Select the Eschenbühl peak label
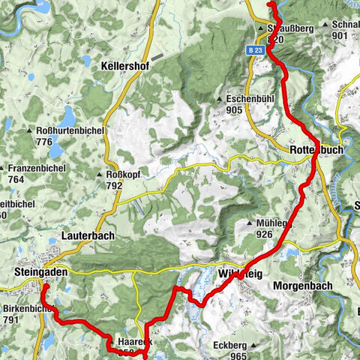(x=253, y=98)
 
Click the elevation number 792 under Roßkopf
(x=114, y=185)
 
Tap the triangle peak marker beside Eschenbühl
(x=219, y=99)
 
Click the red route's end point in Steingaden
(x=43, y=286)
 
